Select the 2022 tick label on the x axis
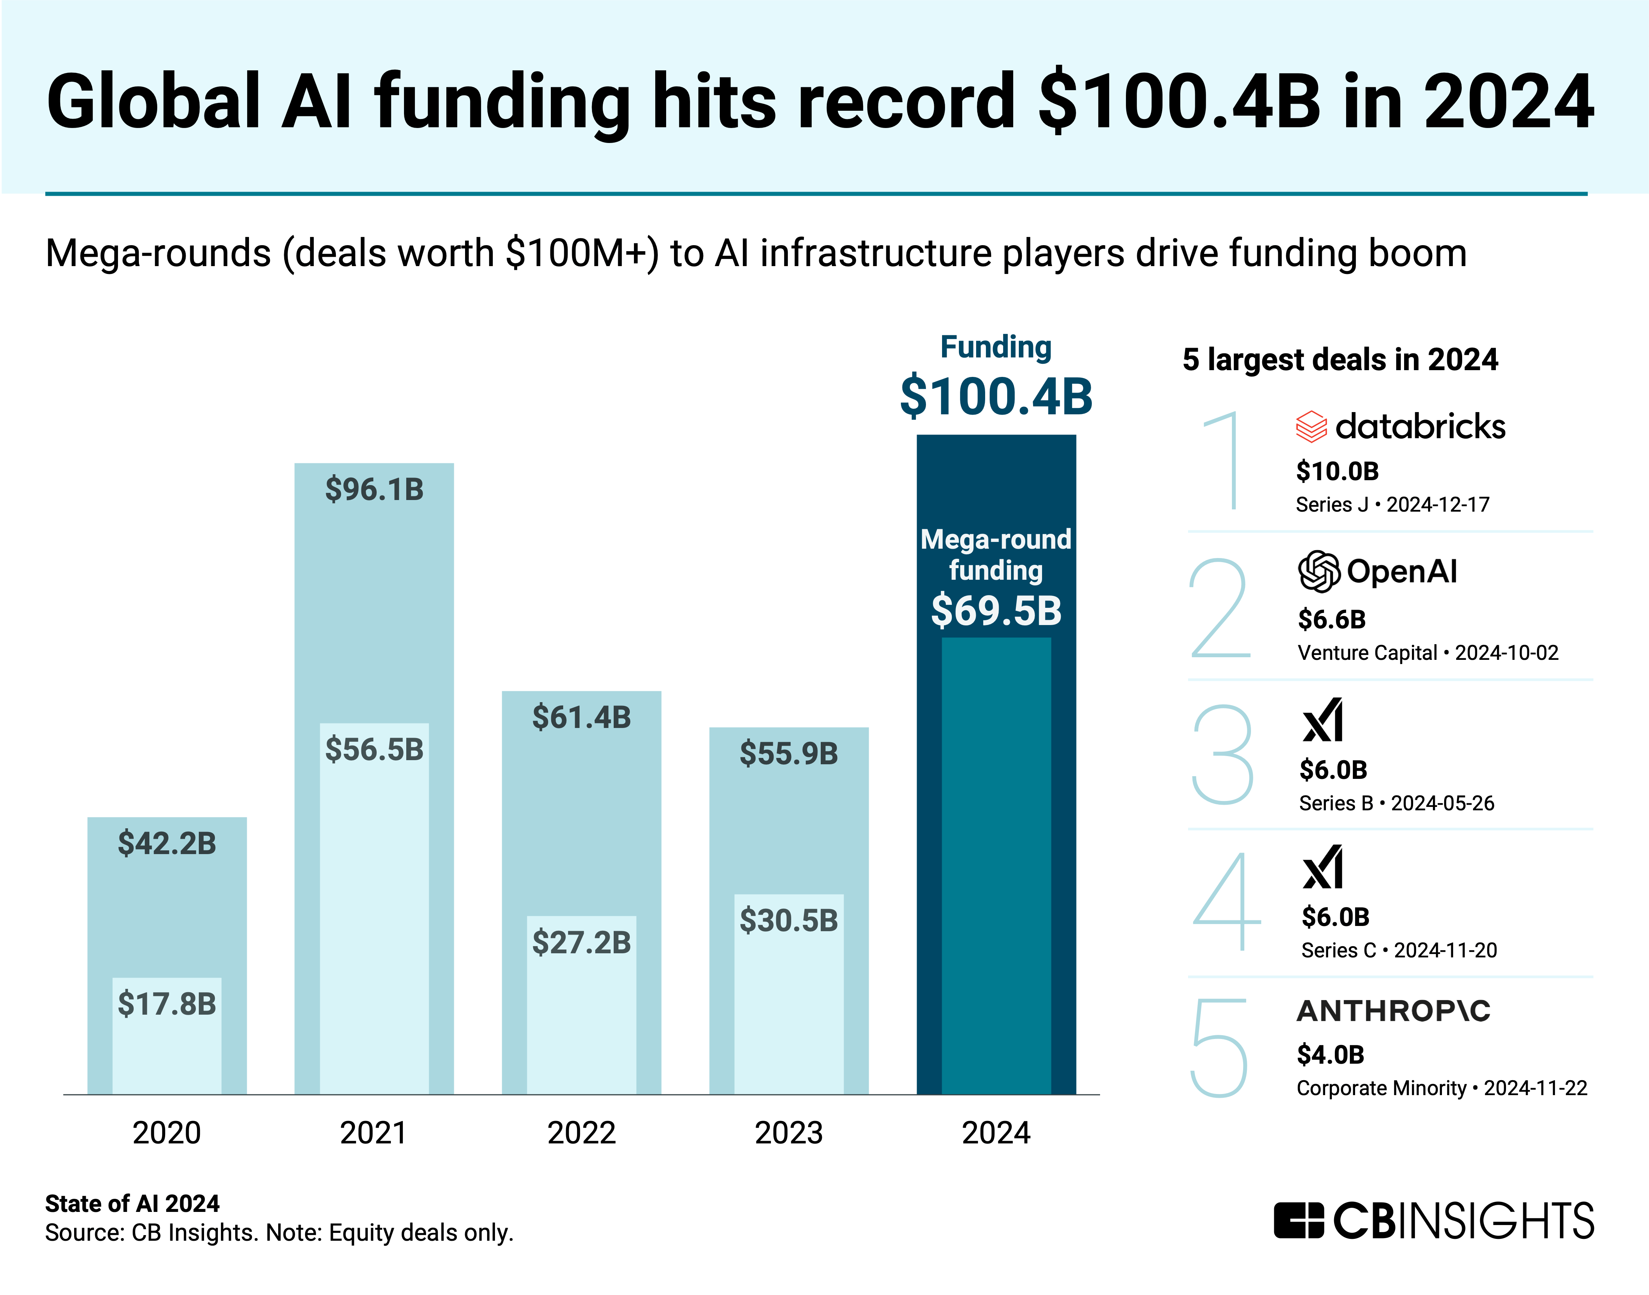pyautogui.click(x=581, y=1133)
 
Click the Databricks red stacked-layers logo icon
pyautogui.click(x=1311, y=427)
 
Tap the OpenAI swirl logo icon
pyautogui.click(x=1319, y=571)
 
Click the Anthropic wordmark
pyautogui.click(x=1393, y=1011)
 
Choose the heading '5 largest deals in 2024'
pyautogui.click(x=1339, y=359)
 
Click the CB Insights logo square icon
pyautogui.click(x=1299, y=1220)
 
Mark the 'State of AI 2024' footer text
pyautogui.click(x=132, y=1203)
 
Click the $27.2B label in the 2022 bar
pyautogui.click(x=581, y=942)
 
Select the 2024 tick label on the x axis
pyautogui.click(x=996, y=1133)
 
